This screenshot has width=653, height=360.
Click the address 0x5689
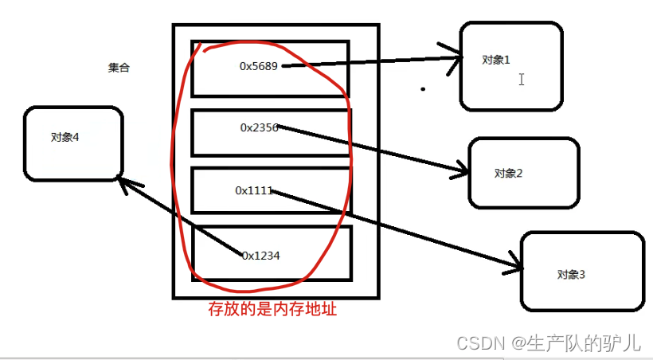259,66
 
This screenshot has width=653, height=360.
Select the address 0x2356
259,127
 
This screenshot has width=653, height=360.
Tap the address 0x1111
254,190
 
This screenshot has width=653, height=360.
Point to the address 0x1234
261,255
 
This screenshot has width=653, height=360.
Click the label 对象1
495,60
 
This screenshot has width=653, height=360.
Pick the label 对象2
507,173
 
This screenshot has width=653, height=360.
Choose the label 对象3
571,275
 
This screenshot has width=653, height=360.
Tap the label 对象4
65,137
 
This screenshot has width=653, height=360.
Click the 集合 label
119,68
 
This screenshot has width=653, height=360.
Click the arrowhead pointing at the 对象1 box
458,58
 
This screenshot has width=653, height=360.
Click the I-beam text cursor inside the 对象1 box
522,80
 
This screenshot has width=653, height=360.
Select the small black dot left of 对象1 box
423,89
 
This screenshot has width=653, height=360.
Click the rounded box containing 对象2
523,172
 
